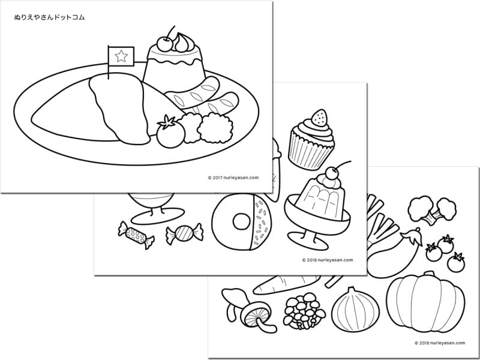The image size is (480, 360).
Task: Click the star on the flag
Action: [121, 56]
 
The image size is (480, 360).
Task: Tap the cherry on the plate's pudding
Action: [164, 44]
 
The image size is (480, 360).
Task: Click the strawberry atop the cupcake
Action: [319, 118]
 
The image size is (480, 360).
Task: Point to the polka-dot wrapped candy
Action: [136, 235]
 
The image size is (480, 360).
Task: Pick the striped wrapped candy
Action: [185, 233]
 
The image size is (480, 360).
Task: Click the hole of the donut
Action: [242, 221]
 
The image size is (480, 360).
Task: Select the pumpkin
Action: [425, 302]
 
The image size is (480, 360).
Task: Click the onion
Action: [355, 309]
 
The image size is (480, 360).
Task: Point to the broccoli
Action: [432, 210]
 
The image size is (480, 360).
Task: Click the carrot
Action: [287, 284]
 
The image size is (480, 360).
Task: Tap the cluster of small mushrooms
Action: [304, 311]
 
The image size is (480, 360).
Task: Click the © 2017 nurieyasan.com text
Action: [233, 178]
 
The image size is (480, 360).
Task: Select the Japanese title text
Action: [49, 17]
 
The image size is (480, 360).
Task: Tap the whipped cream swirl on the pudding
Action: [183, 42]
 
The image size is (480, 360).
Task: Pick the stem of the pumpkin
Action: [429, 274]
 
